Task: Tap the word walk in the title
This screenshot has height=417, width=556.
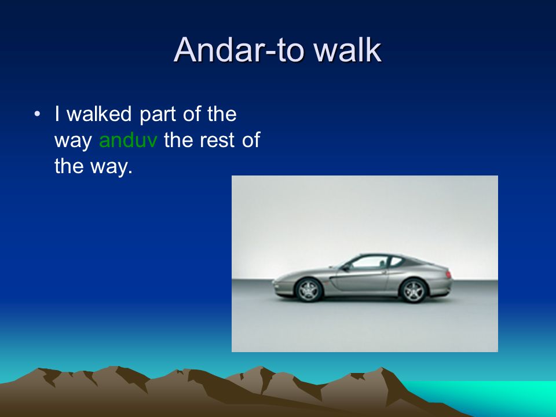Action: coord(348,50)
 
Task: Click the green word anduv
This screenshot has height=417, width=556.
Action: coord(128,140)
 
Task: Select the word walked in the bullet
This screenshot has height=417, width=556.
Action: coord(99,114)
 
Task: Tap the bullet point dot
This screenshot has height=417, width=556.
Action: coord(37,114)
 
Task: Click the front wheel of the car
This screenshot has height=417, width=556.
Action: coord(309,290)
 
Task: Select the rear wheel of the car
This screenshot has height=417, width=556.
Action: coord(413,291)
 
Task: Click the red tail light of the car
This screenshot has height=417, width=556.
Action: coord(448,275)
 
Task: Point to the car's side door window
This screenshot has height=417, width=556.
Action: coord(370,262)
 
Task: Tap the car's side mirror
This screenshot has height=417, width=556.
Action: coord(346,268)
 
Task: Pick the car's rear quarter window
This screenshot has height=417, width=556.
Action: coord(396,261)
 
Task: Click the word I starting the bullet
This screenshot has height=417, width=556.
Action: coord(57,114)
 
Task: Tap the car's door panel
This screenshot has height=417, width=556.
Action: coord(361,280)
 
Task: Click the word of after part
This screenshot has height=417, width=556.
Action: coord(192,114)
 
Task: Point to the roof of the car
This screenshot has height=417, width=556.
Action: coord(383,255)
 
